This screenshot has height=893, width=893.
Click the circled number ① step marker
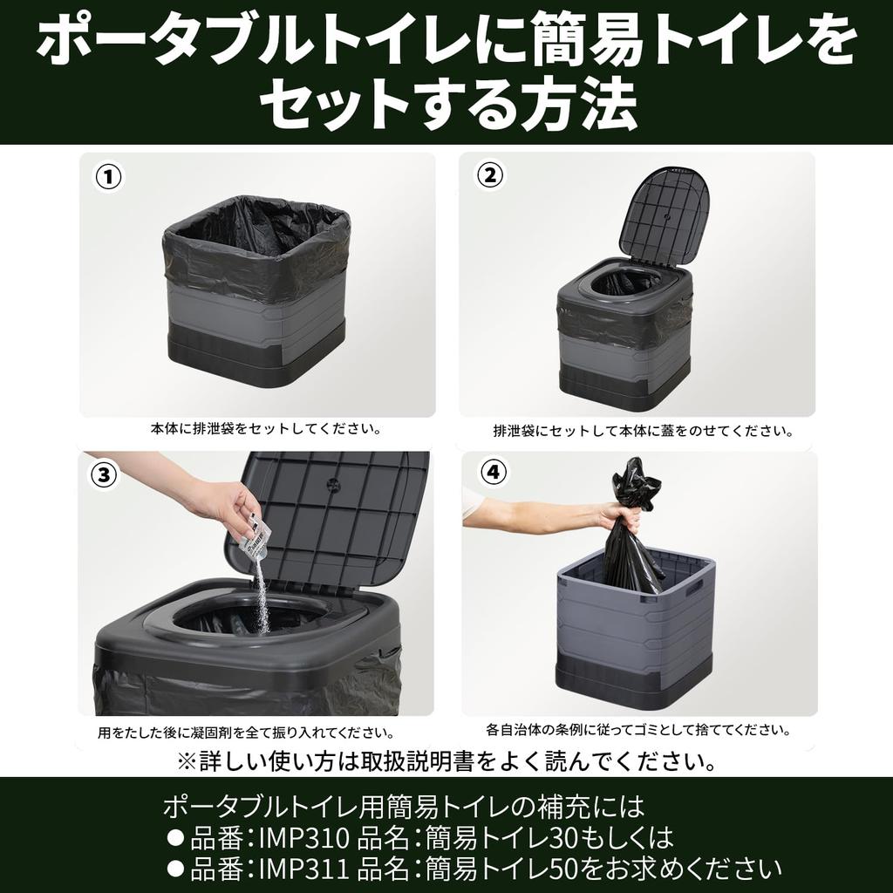coord(108,177)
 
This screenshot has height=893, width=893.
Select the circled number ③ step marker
coord(104,475)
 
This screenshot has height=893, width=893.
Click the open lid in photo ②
coord(664,213)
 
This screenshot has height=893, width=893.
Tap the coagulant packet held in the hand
coord(255,535)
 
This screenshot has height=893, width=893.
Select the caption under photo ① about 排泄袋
coord(265,429)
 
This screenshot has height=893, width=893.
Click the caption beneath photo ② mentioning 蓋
coord(643,431)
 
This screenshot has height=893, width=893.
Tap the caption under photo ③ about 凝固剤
coord(245,733)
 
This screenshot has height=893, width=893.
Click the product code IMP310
coord(304,838)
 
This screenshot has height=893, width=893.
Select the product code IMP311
coord(304,869)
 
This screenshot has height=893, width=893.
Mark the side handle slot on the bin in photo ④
coord(695,590)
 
